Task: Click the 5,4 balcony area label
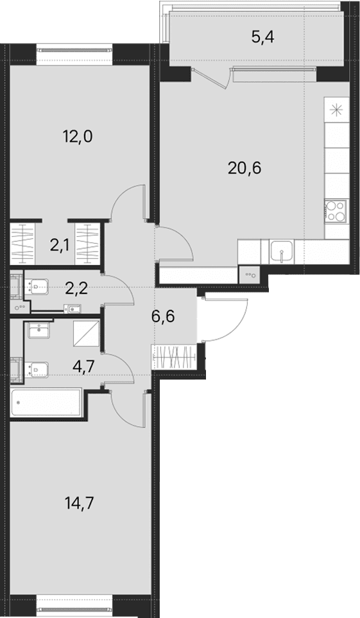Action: point(262,37)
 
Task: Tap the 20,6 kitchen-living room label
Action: point(244,168)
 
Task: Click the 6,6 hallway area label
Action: point(163,316)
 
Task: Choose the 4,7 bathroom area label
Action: point(83,366)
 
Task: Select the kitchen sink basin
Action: point(282,252)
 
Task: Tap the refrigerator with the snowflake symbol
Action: point(336,110)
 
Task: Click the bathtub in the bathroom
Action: point(46,402)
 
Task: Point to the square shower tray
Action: point(86,334)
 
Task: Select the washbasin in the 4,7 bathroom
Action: point(39,329)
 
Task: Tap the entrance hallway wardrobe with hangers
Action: point(174,357)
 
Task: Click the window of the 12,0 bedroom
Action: point(75,50)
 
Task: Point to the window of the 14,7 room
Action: point(74,610)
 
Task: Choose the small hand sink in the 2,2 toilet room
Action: point(73,309)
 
